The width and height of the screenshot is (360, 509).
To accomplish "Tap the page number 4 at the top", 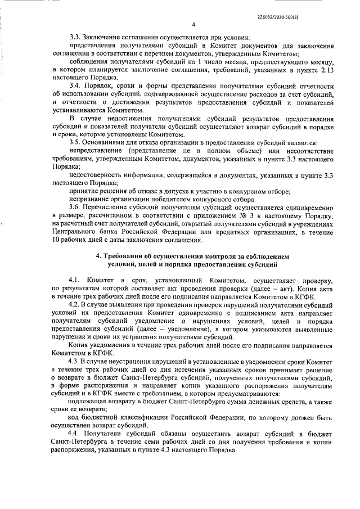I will (193, 24).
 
